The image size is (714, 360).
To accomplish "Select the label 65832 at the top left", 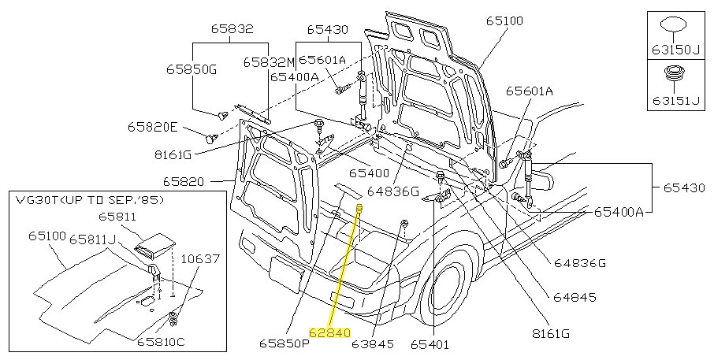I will pos(232,28).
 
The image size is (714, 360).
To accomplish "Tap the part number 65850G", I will pos(189,69).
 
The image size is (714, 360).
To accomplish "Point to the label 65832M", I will pos(268,61).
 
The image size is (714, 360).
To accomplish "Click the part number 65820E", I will pos(154,126).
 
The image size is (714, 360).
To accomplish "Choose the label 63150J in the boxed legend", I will pos(675,50).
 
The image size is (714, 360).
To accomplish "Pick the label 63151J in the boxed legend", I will pos(675,100).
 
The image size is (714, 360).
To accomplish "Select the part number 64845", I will pos(573,298).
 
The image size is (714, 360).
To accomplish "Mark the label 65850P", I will pos(284,343).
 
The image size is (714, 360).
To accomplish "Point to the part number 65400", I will pos(370,173).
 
